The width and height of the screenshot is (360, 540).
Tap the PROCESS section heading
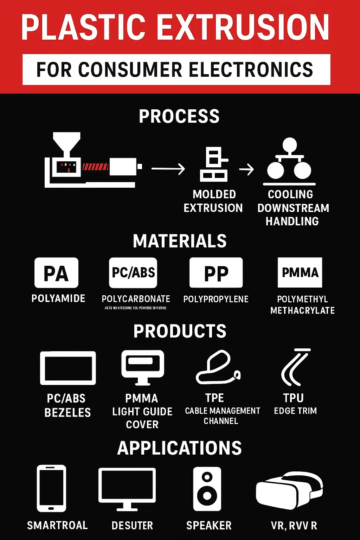(179, 116)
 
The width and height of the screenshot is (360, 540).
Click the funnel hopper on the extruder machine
(66, 142)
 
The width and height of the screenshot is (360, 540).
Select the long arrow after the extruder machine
(168, 169)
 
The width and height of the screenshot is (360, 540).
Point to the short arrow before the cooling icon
(246, 169)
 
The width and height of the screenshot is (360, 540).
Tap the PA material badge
(56, 273)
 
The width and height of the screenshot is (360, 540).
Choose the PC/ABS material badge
(133, 273)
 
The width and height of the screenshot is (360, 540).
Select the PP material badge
(216, 273)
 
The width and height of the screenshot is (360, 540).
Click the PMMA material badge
(300, 273)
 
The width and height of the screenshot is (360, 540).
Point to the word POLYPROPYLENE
(216, 299)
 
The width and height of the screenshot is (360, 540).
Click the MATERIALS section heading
(180, 241)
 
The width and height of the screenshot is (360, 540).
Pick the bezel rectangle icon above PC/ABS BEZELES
(68, 368)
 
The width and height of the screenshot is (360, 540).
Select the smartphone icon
(51, 488)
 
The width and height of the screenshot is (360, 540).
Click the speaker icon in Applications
(207, 489)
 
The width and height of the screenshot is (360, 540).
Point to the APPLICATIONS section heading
(179, 448)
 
